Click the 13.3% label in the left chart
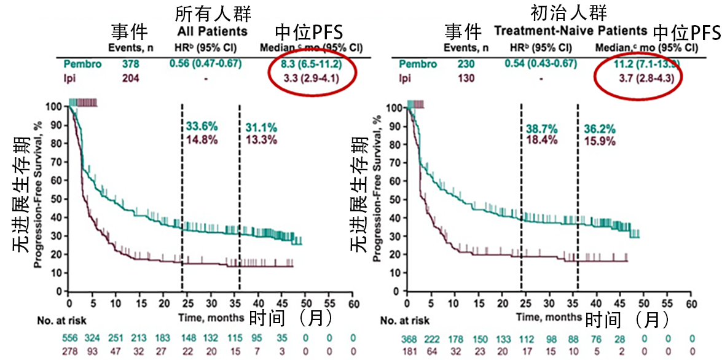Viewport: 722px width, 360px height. click(261, 139)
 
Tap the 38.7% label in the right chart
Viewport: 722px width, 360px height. click(541, 128)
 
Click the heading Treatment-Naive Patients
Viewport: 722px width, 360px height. click(571, 30)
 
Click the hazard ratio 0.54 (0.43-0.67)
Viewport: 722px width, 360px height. click(541, 64)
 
